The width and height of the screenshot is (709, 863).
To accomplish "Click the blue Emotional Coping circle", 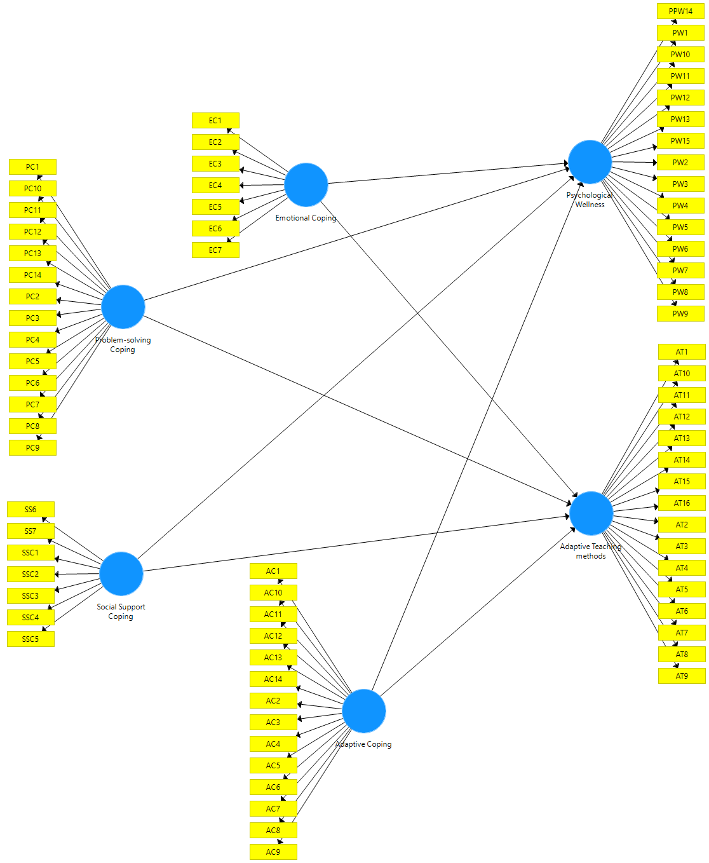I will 306,185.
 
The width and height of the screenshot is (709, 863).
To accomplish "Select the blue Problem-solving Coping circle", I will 123,307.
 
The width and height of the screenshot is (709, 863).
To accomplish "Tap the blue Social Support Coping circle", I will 121,574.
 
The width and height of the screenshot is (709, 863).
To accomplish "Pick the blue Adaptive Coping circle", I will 364,711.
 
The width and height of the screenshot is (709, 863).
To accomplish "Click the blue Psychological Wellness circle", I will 590,162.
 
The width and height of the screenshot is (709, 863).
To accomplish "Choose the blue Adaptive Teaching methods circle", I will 591,513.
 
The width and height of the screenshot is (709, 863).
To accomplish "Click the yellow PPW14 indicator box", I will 680,11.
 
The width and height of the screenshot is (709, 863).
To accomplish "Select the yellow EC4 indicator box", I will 215,186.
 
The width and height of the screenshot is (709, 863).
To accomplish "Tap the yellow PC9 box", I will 32,448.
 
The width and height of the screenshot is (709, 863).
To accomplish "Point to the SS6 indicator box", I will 30,510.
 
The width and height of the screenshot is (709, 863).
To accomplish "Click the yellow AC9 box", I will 273,852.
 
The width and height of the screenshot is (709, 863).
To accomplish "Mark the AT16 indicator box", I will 682,503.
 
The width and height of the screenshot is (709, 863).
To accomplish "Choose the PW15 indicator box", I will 680,141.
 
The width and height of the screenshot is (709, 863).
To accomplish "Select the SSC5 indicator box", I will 30,639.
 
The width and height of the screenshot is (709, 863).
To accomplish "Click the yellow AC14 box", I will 273,679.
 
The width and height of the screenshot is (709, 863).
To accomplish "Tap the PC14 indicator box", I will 32,275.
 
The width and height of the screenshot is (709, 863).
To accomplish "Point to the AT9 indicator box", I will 682,676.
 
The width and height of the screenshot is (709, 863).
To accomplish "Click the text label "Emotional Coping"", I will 306,218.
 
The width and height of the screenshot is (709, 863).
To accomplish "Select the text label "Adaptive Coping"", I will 364,744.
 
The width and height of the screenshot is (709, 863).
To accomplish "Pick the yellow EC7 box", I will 215,250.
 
